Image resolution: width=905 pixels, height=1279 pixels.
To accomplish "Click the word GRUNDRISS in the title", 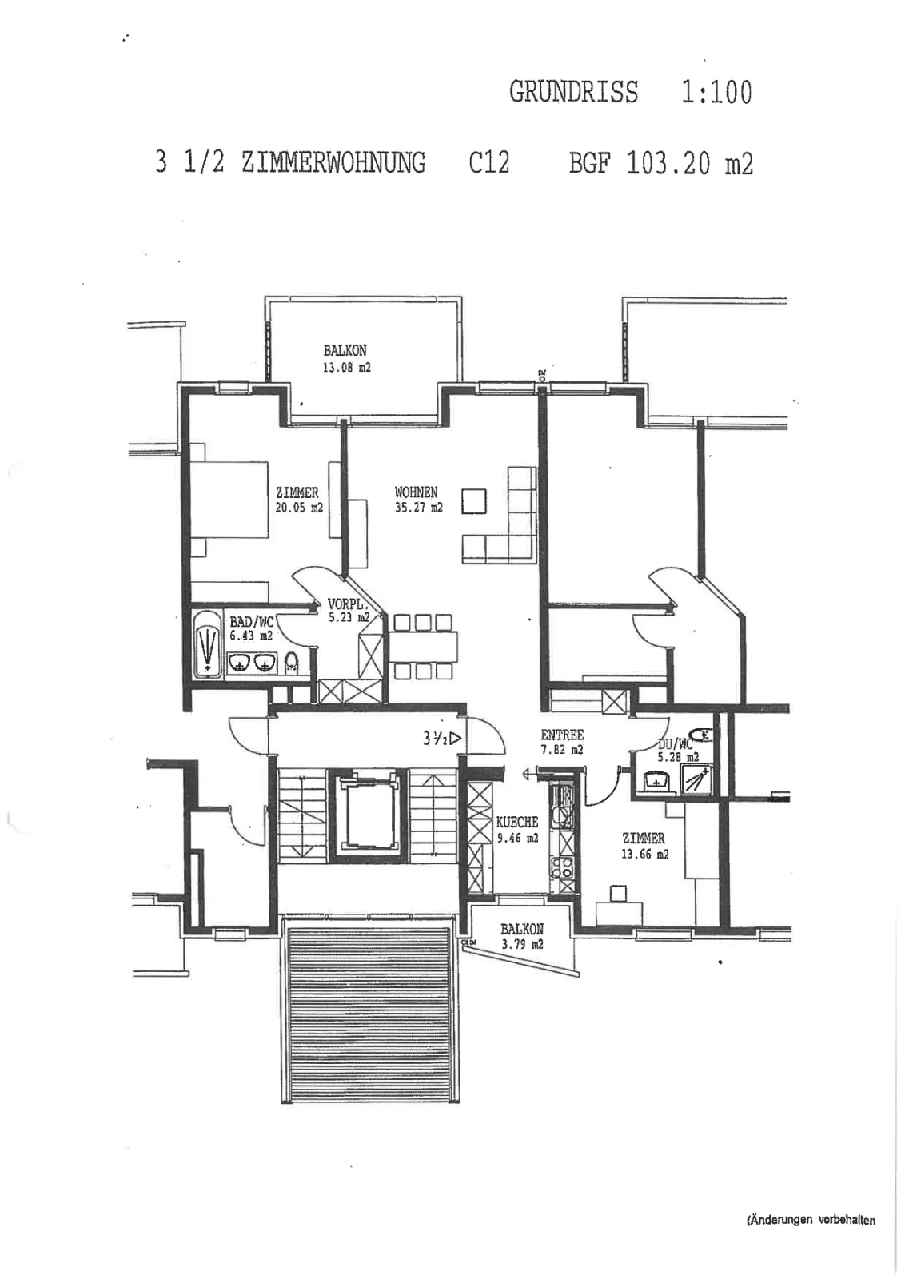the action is pyautogui.click(x=573, y=92).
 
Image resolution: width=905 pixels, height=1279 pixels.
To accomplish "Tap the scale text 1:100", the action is pyautogui.click(x=716, y=92).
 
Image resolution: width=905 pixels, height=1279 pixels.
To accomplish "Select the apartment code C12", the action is pyautogui.click(x=488, y=162).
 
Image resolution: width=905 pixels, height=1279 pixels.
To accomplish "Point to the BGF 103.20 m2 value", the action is pyautogui.click(x=661, y=163).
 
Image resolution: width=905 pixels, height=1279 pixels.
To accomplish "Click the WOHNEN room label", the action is pyautogui.click(x=417, y=492).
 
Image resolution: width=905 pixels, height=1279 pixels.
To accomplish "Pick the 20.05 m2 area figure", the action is pyautogui.click(x=299, y=507).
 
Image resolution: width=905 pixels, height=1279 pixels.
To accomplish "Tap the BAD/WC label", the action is pyautogui.click(x=252, y=622).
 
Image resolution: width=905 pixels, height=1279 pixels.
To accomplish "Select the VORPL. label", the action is pyautogui.click(x=345, y=603).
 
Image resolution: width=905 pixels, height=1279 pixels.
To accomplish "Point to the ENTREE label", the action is pyautogui.click(x=562, y=735).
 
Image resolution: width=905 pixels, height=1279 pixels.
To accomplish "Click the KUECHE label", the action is pyautogui.click(x=517, y=823).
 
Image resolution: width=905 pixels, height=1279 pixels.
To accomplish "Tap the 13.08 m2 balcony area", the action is pyautogui.click(x=347, y=368).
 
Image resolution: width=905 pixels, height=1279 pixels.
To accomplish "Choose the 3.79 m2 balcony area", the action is pyautogui.click(x=522, y=944).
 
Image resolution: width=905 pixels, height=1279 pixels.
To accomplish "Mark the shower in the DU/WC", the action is pyautogui.click(x=696, y=779).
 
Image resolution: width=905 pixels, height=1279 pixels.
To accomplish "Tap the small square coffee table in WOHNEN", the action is pyautogui.click(x=474, y=501).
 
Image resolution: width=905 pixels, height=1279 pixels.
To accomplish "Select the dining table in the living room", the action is pyautogui.click(x=423, y=647).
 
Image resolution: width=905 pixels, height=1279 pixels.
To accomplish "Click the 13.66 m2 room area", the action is pyautogui.click(x=644, y=855).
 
